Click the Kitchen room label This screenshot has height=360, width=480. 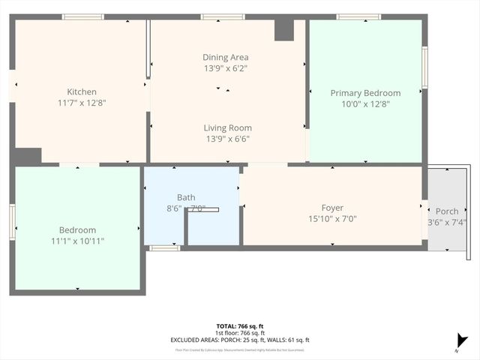click(x=81, y=92)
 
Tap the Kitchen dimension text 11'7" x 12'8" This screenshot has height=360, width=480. click(x=81, y=103)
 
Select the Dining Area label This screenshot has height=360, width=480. click(x=225, y=57)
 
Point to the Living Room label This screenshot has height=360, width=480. click(x=228, y=128)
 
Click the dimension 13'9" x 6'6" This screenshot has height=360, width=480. click(x=228, y=139)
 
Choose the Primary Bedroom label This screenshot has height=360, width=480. click(x=365, y=93)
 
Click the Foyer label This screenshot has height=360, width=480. click(x=332, y=208)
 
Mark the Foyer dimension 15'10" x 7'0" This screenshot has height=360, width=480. click(x=332, y=219)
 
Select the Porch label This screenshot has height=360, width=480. click(x=447, y=211)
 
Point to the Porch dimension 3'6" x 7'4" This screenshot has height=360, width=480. click(x=447, y=222)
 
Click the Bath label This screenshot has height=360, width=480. click(x=186, y=197)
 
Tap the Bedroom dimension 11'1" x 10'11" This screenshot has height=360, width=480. click(x=77, y=241)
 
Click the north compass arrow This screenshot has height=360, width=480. click(x=462, y=342)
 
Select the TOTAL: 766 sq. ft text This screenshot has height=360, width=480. click(x=240, y=325)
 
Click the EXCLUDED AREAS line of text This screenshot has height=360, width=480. click(x=240, y=340)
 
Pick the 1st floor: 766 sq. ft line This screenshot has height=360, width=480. click(x=240, y=333)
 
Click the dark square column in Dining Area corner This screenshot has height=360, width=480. click(x=284, y=30)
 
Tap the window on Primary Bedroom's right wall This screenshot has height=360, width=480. click(x=424, y=67)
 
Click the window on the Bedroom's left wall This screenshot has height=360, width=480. click(x=12, y=223)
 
